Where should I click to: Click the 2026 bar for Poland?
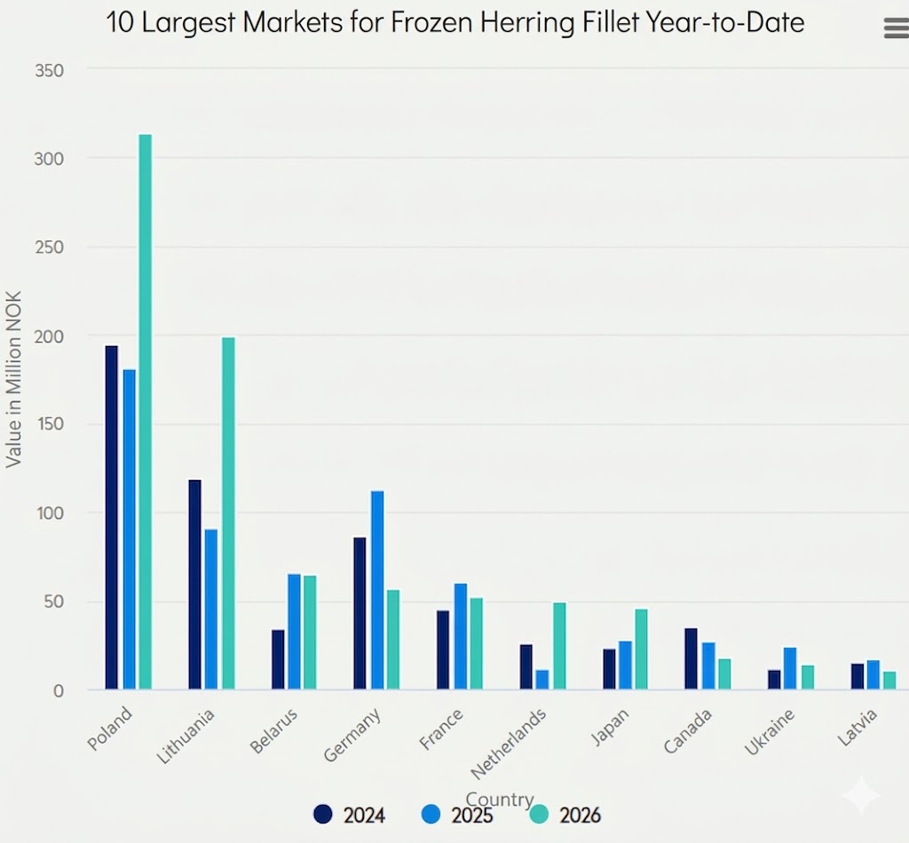coord(146,412)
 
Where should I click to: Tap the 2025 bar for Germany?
coord(377,589)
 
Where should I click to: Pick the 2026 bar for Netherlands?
coord(559,645)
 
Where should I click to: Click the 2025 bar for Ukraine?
coord(790,668)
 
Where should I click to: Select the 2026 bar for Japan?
coord(641,649)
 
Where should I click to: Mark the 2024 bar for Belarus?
coord(278,659)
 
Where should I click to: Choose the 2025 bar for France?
coord(460,636)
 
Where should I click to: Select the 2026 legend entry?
coord(565,815)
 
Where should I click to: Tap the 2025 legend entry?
coord(458,815)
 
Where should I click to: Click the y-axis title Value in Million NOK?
coord(14,379)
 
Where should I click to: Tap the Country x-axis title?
coord(500,800)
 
